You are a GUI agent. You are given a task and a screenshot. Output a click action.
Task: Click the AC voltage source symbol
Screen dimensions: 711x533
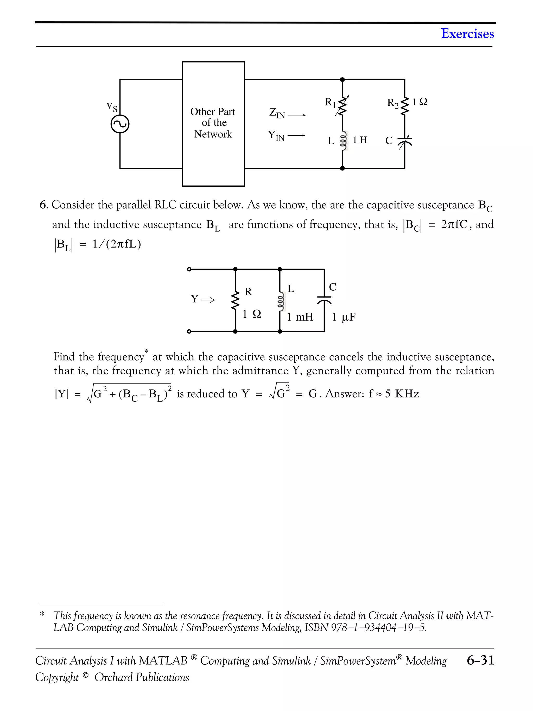[x=120, y=124]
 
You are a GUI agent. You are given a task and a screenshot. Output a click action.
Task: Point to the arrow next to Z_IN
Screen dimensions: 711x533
[x=297, y=115]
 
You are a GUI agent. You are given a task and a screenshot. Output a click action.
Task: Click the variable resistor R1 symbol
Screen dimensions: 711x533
[x=342, y=106]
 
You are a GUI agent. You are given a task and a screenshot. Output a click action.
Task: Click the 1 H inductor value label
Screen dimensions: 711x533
[x=359, y=140]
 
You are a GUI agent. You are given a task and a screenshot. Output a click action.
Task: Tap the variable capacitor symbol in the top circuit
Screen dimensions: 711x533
[x=404, y=142]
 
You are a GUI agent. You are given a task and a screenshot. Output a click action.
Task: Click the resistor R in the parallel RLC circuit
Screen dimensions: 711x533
[x=236, y=300]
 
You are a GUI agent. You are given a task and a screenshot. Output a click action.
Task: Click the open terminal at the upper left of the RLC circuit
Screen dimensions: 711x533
[x=189, y=269]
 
